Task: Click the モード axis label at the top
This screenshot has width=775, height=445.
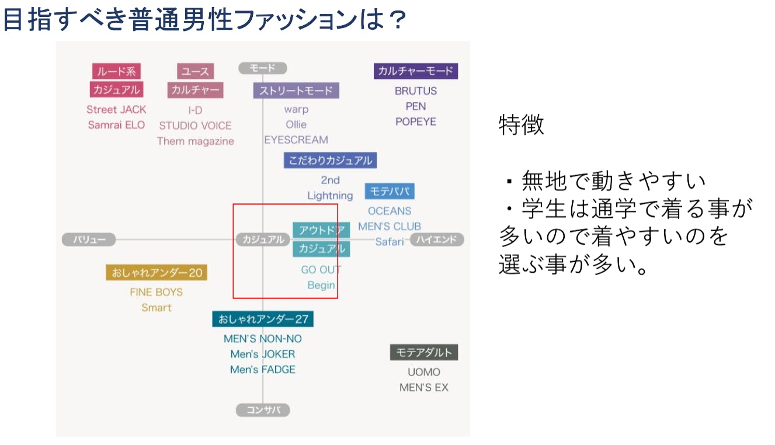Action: (x=263, y=68)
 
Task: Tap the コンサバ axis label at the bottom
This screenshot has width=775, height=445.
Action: (x=263, y=410)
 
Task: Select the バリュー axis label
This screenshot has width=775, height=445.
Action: (x=89, y=239)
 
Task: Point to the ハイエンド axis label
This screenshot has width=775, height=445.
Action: (x=437, y=239)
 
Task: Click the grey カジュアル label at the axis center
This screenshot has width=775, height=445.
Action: (x=263, y=239)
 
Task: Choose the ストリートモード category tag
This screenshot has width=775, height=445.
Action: (x=296, y=91)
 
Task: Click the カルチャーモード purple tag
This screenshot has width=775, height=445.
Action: (x=415, y=71)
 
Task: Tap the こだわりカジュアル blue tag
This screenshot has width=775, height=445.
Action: (x=330, y=161)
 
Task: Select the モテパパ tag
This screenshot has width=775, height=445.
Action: (x=390, y=192)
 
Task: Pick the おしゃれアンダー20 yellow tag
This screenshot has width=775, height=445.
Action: (x=157, y=273)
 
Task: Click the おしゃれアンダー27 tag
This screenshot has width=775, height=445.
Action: (x=263, y=319)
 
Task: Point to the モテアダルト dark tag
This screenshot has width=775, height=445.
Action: (x=424, y=353)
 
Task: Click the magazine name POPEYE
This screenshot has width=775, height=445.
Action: (x=415, y=121)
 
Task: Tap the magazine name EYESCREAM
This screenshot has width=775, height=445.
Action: (x=296, y=140)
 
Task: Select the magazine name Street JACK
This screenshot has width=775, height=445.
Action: (x=116, y=109)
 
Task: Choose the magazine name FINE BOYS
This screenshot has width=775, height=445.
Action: (x=157, y=292)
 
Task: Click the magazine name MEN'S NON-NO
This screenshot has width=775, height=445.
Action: (x=263, y=339)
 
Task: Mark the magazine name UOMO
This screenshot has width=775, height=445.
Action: (x=424, y=372)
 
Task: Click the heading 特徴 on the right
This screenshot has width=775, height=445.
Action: (x=522, y=125)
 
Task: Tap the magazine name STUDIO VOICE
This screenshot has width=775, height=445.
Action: (x=195, y=126)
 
